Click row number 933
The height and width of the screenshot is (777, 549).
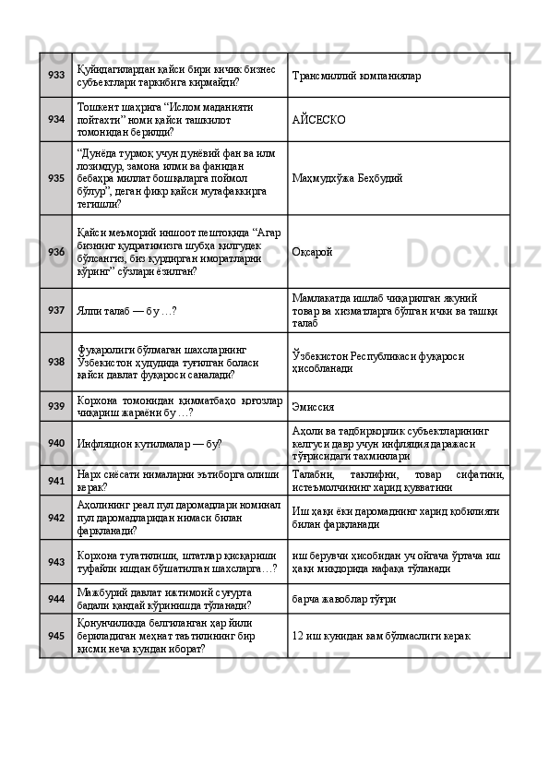56,75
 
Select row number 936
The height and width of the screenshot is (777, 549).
56,251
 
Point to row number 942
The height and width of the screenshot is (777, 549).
56,518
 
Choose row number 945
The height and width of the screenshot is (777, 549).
56,635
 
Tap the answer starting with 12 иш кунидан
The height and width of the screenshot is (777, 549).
382,635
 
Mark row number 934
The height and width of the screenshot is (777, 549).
56,119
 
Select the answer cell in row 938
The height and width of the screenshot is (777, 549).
398,362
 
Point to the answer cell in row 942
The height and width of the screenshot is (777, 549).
398,518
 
